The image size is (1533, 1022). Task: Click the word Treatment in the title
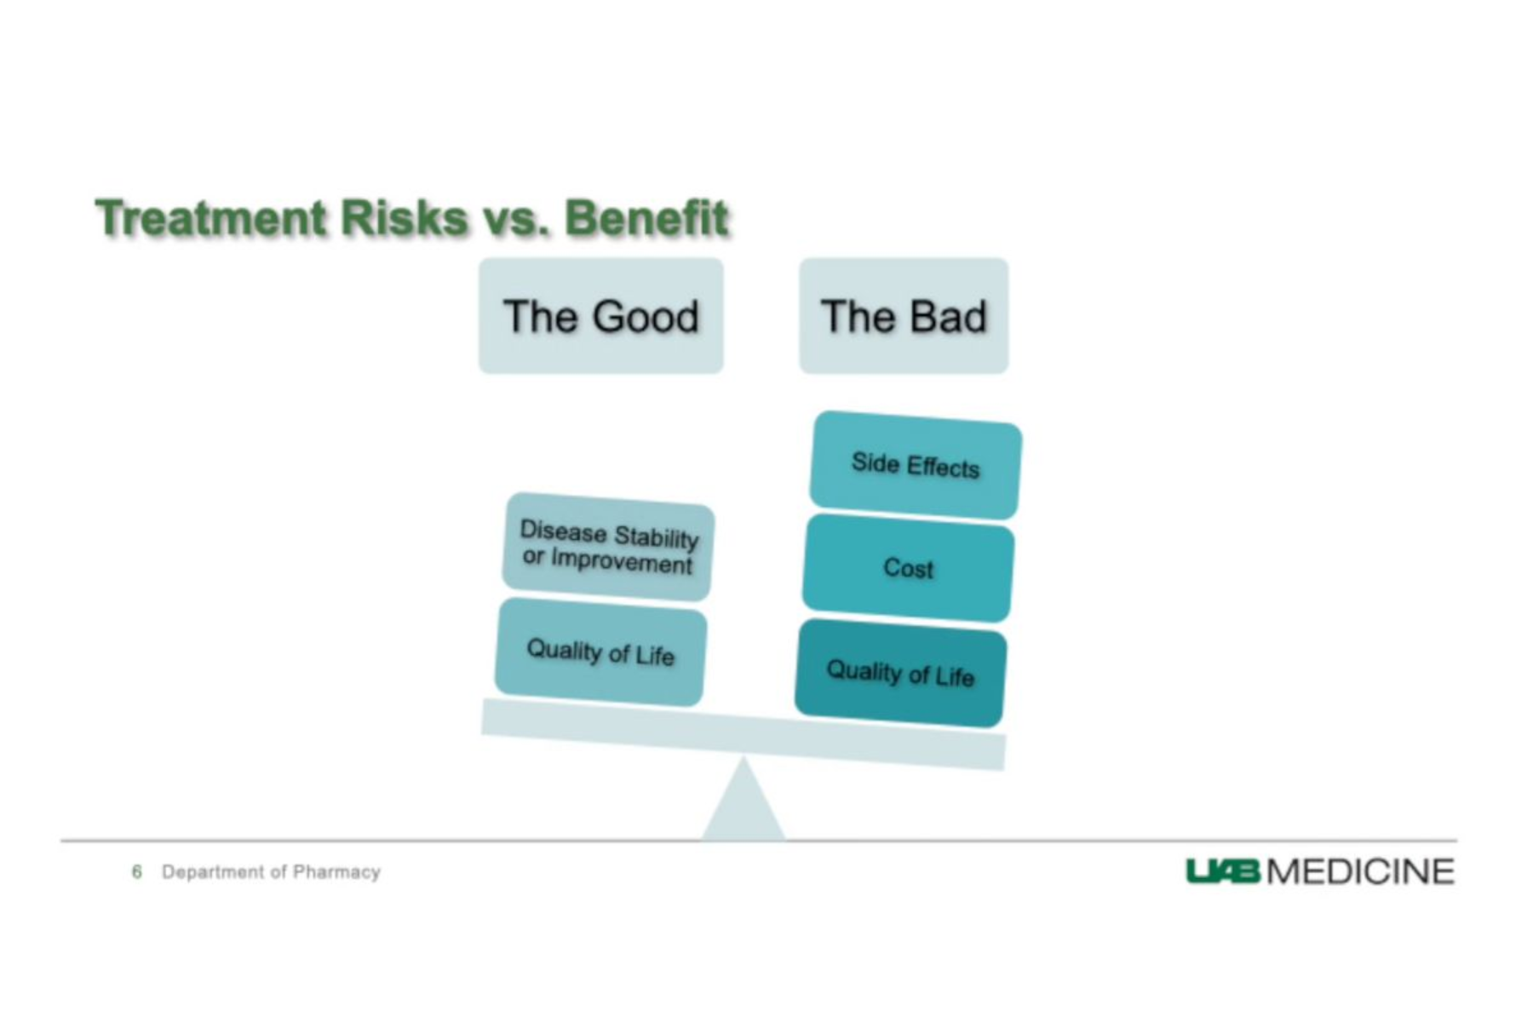click(x=210, y=217)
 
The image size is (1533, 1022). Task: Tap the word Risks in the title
click(x=405, y=217)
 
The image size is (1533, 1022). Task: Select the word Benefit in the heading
click(x=646, y=217)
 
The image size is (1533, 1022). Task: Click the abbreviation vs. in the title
click(x=516, y=220)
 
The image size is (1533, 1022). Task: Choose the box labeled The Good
click(x=601, y=316)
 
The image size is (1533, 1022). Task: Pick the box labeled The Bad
click(x=904, y=316)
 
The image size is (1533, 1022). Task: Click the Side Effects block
click(x=916, y=465)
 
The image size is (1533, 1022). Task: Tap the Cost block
click(x=909, y=568)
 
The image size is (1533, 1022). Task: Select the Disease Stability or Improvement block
click(x=608, y=547)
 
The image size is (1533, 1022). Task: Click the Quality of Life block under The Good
click(x=601, y=652)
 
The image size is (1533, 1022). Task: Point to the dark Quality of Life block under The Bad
click(x=901, y=674)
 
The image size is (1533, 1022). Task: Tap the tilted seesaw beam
click(x=744, y=734)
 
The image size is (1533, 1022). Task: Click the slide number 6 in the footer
click(x=136, y=871)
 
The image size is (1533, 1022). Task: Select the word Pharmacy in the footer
click(x=336, y=872)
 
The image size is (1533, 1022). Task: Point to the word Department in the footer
click(x=213, y=872)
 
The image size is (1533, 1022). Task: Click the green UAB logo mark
click(x=1223, y=871)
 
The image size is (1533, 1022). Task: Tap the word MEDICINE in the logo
click(x=1361, y=871)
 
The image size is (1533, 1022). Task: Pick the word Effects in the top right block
click(x=943, y=467)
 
